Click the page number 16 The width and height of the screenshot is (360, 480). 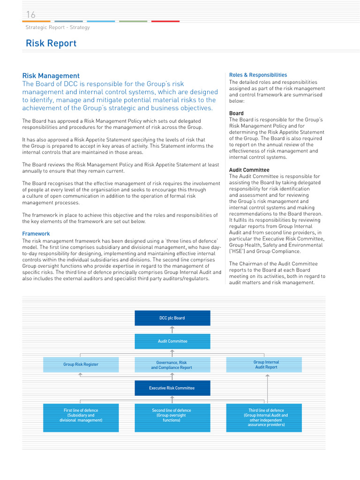(31, 15)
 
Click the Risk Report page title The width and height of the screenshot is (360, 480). (51, 44)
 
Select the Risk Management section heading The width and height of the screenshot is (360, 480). (51, 75)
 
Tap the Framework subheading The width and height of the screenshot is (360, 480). (36, 233)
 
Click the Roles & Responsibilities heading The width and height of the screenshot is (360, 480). (258, 75)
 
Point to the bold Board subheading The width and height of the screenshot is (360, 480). (236, 113)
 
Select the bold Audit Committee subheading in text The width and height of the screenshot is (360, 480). (249, 170)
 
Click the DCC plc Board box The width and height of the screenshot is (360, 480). (172, 318)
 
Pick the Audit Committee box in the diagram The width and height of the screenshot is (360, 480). (172, 341)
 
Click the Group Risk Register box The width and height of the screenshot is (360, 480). (81, 364)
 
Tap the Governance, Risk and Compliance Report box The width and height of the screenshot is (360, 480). (172, 365)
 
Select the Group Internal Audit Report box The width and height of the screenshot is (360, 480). (266, 365)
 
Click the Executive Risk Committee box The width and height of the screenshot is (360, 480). (172, 388)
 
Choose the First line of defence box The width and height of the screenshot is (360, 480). (81, 417)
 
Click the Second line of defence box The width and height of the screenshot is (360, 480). (172, 417)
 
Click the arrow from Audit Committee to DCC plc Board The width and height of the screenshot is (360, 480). (172, 330)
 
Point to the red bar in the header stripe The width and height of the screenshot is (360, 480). (165, 21)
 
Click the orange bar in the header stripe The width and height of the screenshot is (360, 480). (37, 21)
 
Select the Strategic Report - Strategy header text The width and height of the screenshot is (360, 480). (58, 27)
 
